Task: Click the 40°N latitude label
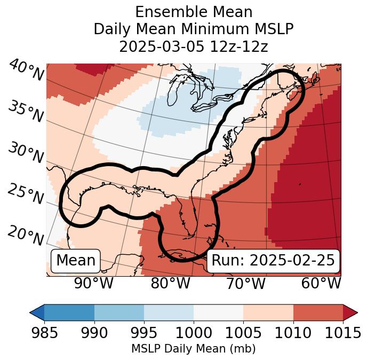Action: point(26,71)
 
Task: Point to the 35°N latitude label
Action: point(26,111)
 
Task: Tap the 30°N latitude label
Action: point(26,153)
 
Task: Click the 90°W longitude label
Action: point(94,283)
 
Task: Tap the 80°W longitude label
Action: point(170,283)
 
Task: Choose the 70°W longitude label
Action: point(246,283)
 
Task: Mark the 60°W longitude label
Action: point(321,283)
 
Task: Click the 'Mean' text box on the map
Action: point(76,261)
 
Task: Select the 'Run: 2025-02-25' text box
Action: point(273,261)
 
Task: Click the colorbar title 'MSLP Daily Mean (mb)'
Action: point(194,349)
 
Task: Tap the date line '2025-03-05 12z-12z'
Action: point(194,46)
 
